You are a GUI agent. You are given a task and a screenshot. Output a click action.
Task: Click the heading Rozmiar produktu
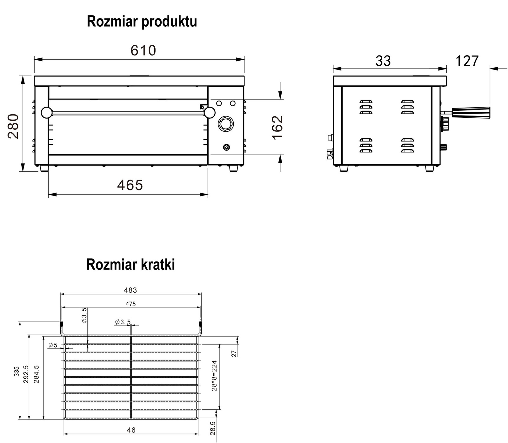142,22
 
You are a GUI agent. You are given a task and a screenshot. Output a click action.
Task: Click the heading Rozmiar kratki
130,264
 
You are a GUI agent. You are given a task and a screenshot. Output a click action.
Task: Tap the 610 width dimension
143,50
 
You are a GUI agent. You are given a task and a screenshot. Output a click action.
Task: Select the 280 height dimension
14,126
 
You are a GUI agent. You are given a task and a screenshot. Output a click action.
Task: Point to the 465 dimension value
130,185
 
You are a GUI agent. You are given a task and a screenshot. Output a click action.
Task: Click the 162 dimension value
277,127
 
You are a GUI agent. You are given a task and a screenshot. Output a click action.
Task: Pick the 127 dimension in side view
467,61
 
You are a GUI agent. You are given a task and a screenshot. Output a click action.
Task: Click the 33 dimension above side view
383,61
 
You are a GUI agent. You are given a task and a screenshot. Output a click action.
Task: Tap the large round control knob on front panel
226,124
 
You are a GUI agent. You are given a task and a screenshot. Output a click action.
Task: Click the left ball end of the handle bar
46,112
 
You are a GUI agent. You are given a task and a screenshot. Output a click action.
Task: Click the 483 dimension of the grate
130,290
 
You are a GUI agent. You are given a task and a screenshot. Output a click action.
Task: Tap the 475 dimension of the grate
130,304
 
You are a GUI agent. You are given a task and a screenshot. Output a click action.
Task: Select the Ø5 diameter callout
53,345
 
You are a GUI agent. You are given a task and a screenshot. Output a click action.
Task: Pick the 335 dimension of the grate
17,371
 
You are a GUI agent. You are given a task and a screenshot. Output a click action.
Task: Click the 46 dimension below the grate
131,430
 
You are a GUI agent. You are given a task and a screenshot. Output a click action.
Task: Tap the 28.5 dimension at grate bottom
213,428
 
